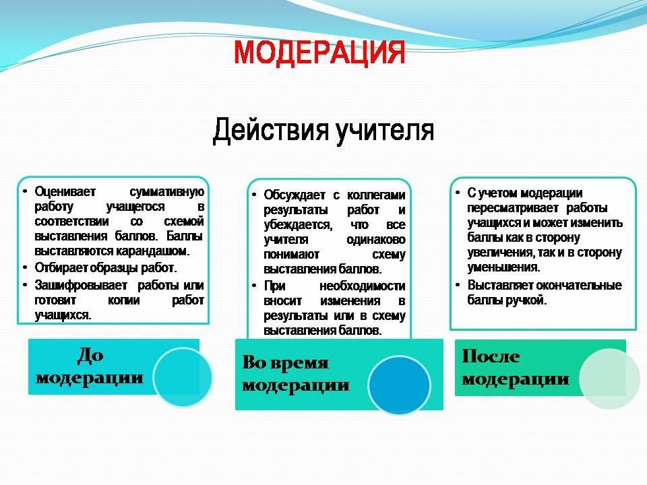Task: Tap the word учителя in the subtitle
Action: (x=384, y=130)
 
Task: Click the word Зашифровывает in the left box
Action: (x=77, y=285)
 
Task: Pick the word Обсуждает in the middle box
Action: (x=292, y=195)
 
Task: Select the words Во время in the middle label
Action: (x=285, y=363)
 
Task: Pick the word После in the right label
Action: (x=491, y=356)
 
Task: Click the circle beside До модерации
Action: (x=183, y=377)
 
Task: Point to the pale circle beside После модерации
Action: (x=609, y=379)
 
